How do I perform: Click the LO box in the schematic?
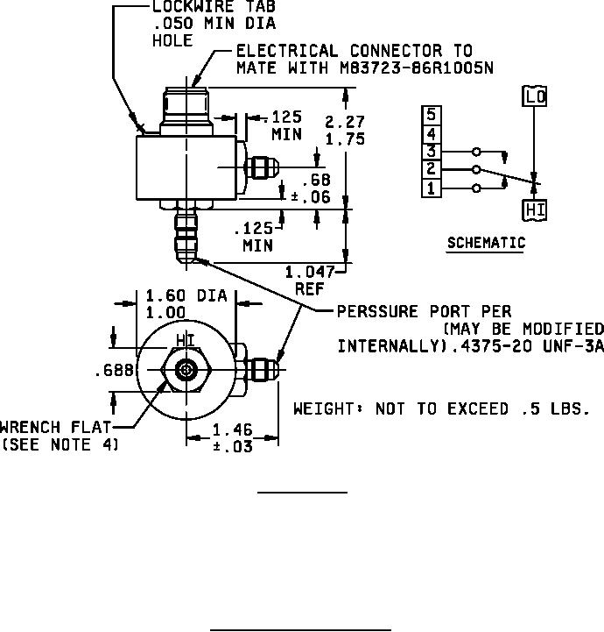tap(534, 96)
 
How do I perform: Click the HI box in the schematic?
tap(534, 209)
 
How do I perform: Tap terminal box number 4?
tap(431, 133)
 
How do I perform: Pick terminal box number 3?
tap(431, 151)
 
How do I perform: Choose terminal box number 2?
tap(431, 169)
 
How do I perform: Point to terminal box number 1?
tap(431, 188)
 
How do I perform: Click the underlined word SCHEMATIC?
tap(486, 243)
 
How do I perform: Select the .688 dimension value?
tap(115, 371)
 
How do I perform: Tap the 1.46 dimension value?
tap(232, 430)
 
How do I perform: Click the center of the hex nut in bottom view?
tap(185, 371)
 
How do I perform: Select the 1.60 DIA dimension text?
tap(186, 296)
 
